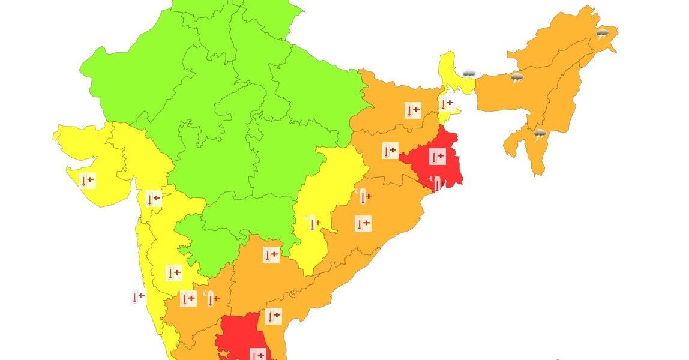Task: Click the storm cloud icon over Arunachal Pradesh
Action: point(602,34)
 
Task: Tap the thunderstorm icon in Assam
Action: point(517,77)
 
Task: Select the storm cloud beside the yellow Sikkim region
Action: point(469,74)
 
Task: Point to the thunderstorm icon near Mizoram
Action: point(540,134)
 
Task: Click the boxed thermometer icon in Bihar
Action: point(412,110)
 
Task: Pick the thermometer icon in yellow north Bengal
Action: point(446,104)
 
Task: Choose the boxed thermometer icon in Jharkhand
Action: point(390,150)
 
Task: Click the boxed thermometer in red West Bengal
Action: point(437,157)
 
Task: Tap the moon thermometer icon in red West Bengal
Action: point(439,182)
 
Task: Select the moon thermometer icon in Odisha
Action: point(363,196)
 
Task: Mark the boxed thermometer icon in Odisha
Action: point(363,224)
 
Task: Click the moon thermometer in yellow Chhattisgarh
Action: point(313,223)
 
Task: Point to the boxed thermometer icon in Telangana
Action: point(271,255)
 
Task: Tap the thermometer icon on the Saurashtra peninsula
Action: point(88,180)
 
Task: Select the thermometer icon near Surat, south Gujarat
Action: point(154,198)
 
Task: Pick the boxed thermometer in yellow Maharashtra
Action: point(173,273)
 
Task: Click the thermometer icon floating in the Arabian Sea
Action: point(138,296)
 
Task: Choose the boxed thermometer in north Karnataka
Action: point(188,298)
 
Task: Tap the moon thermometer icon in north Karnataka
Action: point(211,298)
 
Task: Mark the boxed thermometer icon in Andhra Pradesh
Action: point(273,316)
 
